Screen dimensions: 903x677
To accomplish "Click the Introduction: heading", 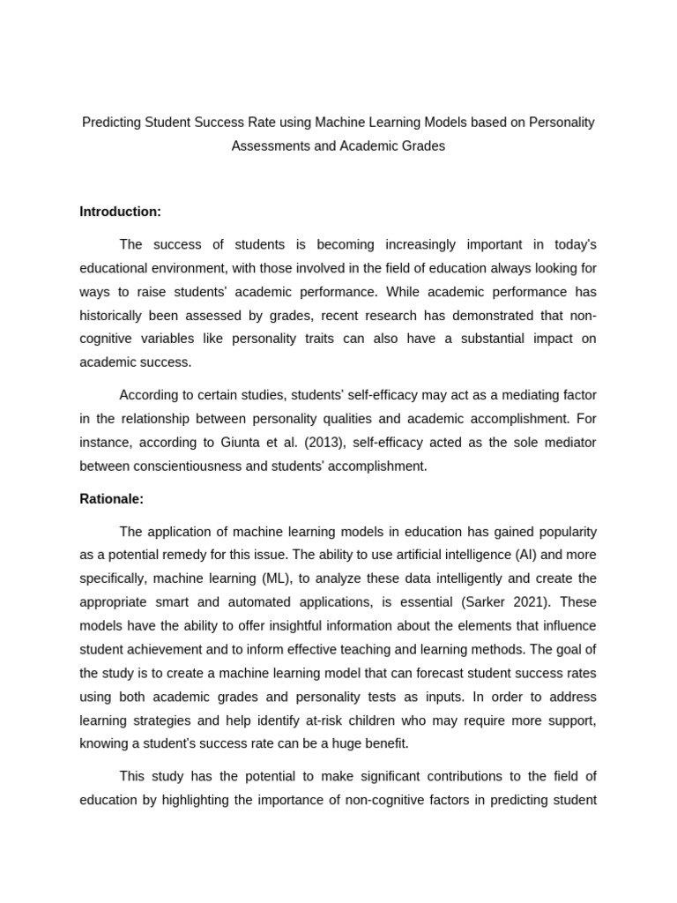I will (x=120, y=212).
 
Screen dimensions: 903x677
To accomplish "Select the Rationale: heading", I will (x=111, y=499).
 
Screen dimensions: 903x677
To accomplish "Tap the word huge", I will (x=343, y=743).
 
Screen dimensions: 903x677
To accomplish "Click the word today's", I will (x=573, y=244).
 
